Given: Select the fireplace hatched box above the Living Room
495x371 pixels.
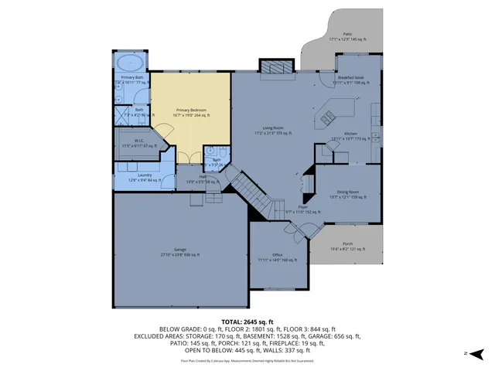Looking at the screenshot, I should coord(276,70).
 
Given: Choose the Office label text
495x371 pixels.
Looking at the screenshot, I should coord(276,257).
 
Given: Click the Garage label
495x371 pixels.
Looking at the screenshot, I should coord(179,252).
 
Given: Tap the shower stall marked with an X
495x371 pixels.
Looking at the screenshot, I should coord(124,114).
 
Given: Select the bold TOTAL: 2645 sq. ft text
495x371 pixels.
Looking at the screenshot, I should coord(247,321).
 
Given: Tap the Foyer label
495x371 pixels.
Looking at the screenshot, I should coord(303,209).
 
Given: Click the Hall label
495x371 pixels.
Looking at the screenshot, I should coord(202,179).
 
